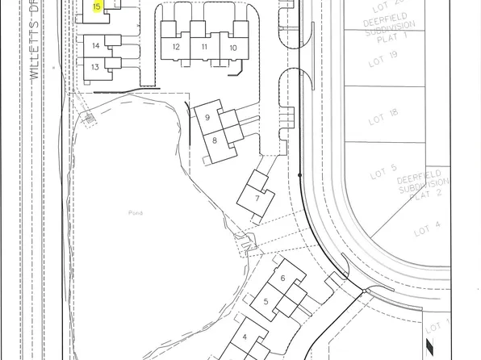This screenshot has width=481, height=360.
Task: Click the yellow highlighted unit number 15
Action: point(97,6)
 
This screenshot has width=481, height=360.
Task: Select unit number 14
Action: point(95,46)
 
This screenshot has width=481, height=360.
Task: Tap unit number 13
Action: point(95,67)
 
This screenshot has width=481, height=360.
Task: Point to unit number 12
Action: point(176,48)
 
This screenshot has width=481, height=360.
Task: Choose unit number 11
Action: point(204,48)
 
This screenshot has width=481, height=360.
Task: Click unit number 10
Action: point(232,48)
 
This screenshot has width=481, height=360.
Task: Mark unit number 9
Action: point(207,118)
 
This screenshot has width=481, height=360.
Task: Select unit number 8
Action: point(215,140)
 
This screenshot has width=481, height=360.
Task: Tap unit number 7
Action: point(257,198)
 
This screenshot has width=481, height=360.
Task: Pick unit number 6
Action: point(282,279)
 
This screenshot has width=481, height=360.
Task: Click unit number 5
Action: point(266,302)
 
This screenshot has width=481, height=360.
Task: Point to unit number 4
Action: point(245,337)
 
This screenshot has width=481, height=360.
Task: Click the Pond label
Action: point(135,212)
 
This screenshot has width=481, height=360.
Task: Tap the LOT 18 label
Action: point(383,118)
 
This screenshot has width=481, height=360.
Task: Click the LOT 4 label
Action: point(427,229)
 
